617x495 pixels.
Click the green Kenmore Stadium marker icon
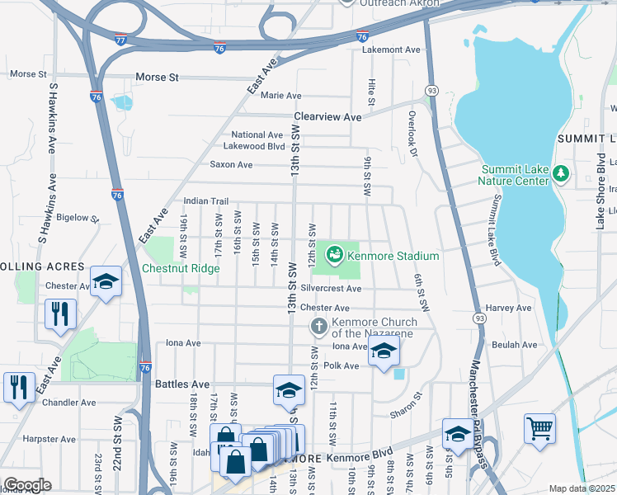click(x=336, y=256)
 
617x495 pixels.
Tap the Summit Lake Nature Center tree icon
click(x=562, y=172)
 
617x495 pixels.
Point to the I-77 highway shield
click(x=120, y=38)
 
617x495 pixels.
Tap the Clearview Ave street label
click(x=327, y=117)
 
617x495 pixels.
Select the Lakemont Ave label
click(x=391, y=49)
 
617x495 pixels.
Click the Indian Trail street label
click(x=205, y=200)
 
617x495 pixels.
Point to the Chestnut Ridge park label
click(x=181, y=268)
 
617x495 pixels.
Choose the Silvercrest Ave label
click(x=331, y=289)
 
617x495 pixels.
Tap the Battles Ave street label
click(x=182, y=384)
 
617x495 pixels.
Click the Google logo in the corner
click(x=26, y=485)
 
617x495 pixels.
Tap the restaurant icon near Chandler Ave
click(x=18, y=386)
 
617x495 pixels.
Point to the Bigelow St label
click(x=77, y=219)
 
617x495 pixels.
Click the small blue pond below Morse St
click(x=122, y=101)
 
